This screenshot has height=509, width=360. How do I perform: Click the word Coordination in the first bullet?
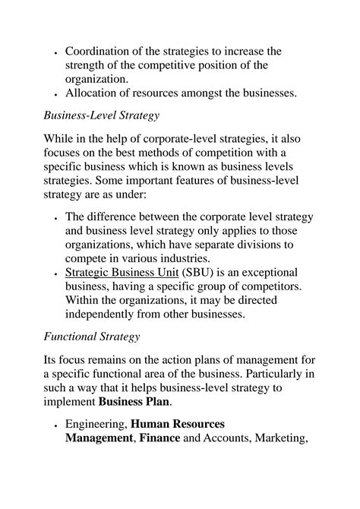click(100, 51)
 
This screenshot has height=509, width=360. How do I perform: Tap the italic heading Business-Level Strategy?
click(101, 116)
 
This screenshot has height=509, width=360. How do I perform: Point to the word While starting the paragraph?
click(62, 144)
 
